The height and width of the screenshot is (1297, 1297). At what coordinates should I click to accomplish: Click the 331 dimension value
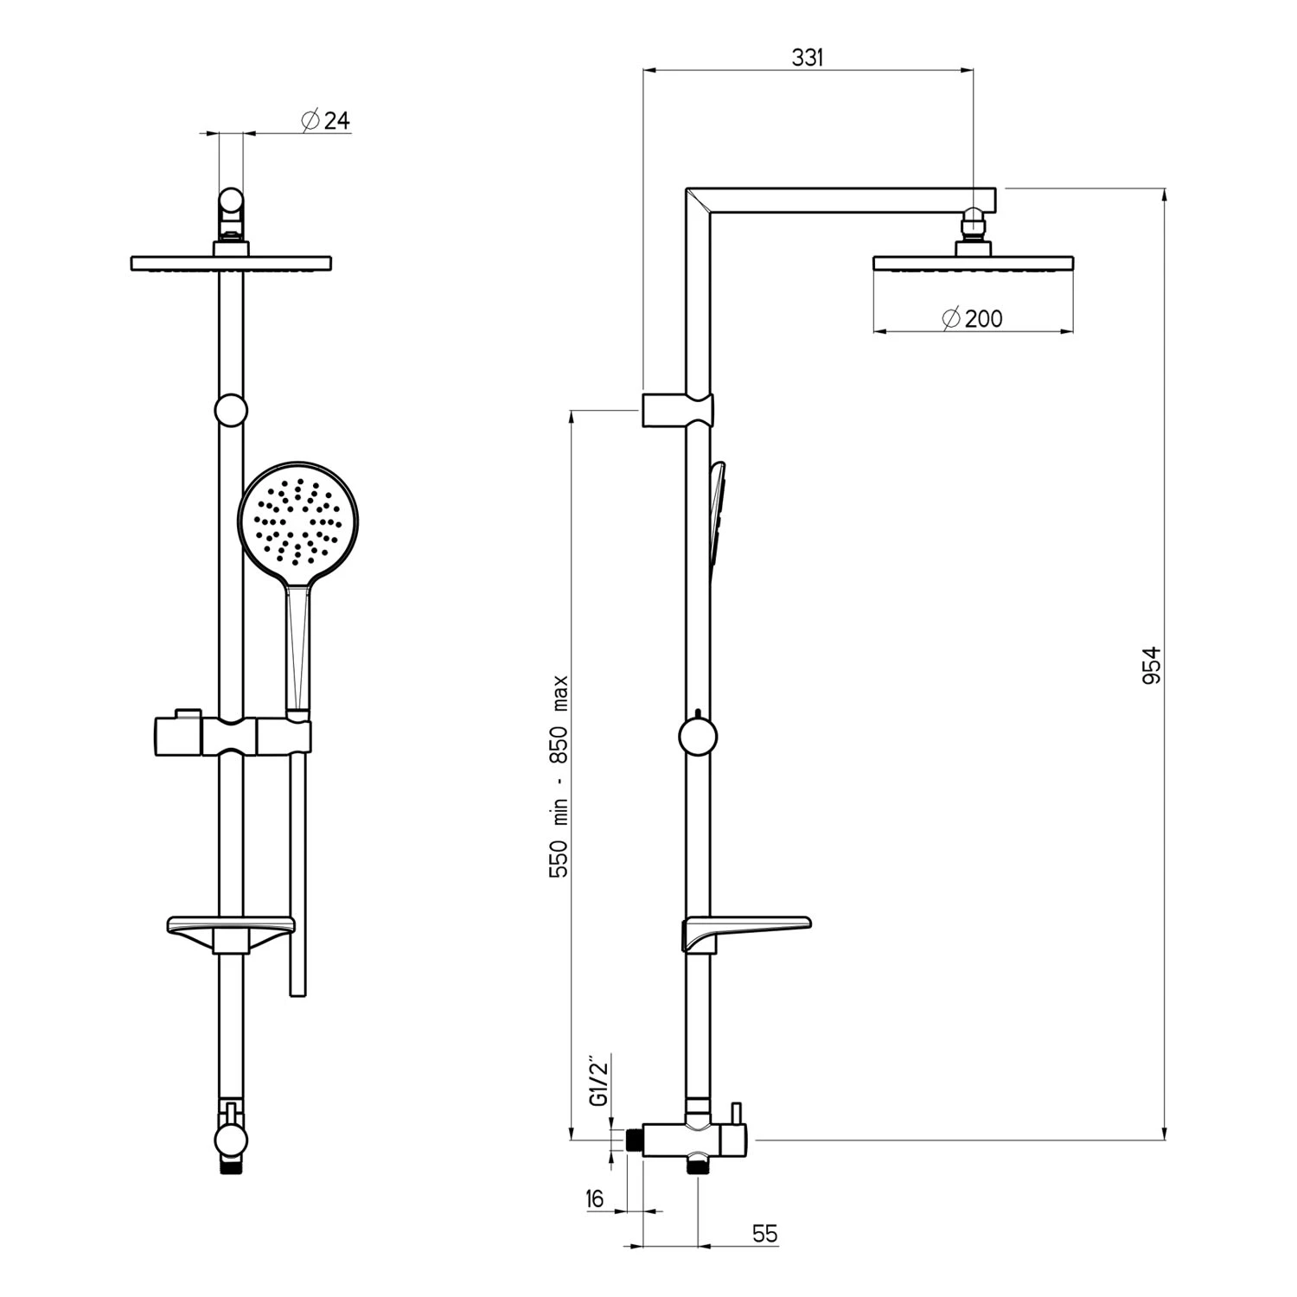click(808, 58)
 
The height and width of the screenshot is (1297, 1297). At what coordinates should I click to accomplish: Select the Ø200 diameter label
click(973, 319)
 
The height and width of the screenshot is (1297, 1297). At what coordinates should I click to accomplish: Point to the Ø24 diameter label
click(325, 120)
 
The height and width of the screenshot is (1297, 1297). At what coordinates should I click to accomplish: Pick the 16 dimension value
click(594, 1198)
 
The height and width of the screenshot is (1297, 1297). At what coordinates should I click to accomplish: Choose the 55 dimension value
click(764, 1234)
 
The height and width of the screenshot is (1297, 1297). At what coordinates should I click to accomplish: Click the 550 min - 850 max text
click(559, 776)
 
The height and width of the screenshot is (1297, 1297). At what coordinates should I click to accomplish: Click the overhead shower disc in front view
click(231, 263)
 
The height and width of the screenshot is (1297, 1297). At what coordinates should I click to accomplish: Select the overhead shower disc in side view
click(973, 262)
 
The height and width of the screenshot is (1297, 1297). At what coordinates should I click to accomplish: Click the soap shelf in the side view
click(748, 931)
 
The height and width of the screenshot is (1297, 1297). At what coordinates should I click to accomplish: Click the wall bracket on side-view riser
click(677, 409)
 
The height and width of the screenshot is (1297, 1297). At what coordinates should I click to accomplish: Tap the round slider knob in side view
click(697, 737)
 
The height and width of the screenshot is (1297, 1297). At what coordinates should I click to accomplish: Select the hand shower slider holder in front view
click(231, 736)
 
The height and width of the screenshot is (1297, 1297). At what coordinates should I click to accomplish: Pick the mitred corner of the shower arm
click(698, 201)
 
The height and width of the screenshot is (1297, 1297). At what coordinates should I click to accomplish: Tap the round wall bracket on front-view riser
click(231, 411)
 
